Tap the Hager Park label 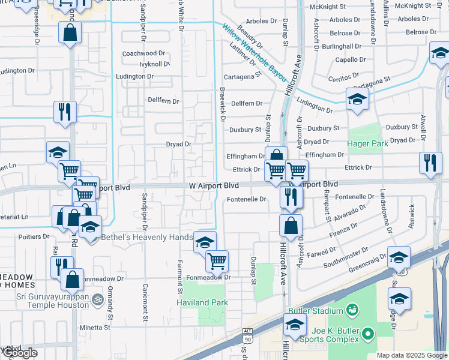coord(368,144)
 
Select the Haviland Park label coord(202,302)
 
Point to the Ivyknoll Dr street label coord(154,64)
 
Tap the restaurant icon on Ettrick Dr coord(430,163)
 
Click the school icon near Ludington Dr coord(357,99)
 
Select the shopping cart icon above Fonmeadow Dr coord(217,260)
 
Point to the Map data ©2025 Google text coord(412,355)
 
